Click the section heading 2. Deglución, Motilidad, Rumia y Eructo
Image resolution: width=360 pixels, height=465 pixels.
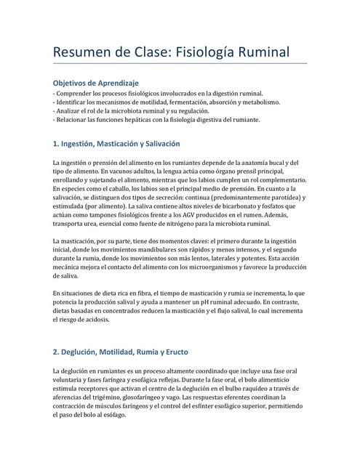click(121, 352)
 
